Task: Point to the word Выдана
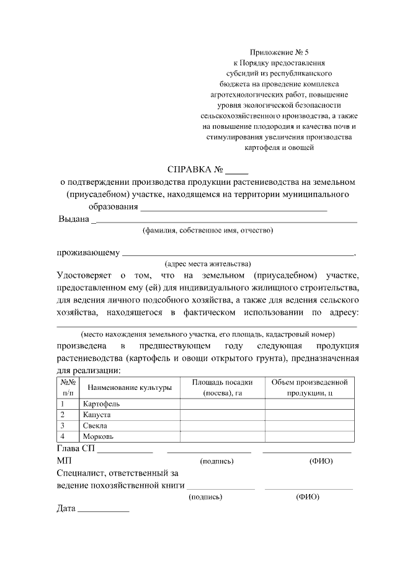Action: tap(73, 218)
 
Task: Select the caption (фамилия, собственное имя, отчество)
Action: tap(207, 230)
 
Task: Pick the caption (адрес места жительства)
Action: tap(207, 263)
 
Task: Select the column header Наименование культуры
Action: tap(130, 387)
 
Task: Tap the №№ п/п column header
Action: tap(68, 387)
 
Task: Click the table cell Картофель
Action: tap(101, 404)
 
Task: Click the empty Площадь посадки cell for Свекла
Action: tap(222, 426)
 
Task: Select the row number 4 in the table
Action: tap(62, 437)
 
